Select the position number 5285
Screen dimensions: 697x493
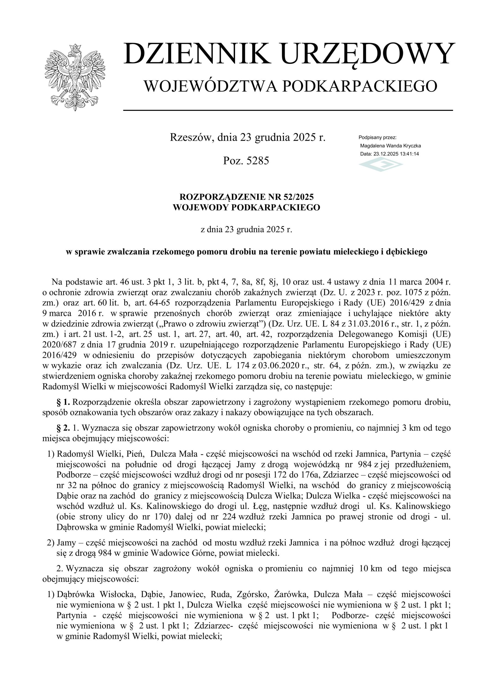click(258, 161)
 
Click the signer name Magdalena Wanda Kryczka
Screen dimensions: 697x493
click(390, 146)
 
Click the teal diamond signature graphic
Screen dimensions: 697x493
click(381, 165)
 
